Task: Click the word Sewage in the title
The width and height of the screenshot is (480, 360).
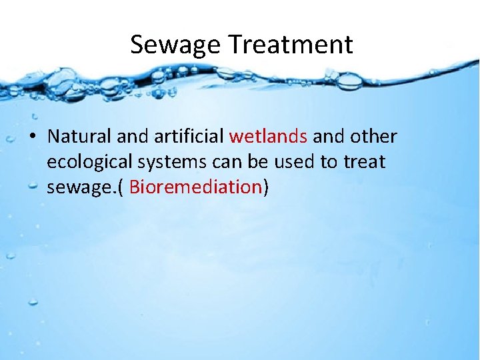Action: click(x=175, y=45)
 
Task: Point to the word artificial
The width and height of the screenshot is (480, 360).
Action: click(x=189, y=137)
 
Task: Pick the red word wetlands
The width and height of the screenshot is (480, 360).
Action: click(x=268, y=137)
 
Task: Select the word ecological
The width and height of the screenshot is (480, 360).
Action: click(x=90, y=163)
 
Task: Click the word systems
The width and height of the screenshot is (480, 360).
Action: click(x=175, y=163)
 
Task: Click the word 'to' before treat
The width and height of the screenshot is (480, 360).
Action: click(x=336, y=163)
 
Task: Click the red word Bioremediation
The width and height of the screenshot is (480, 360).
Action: click(x=195, y=187)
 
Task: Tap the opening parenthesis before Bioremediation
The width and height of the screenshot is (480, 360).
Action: click(x=121, y=188)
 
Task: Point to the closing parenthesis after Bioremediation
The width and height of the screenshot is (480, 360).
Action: click(x=266, y=188)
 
